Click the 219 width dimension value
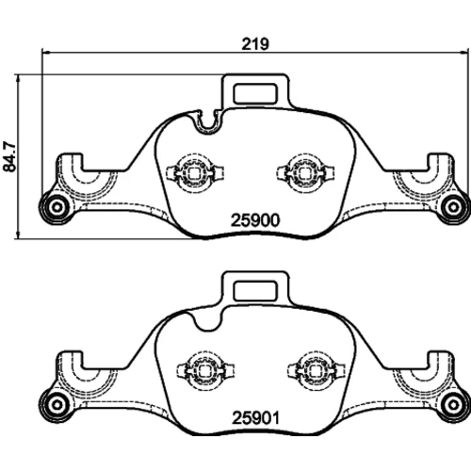[255, 44]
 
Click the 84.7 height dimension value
[9, 156]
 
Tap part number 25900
[255, 220]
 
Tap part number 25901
[255, 418]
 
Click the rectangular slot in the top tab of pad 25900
[255, 93]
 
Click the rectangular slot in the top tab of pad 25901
[255, 291]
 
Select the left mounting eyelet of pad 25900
[57, 207]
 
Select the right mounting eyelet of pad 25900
[453, 207]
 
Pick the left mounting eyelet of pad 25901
[57, 405]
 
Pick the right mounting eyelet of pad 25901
[453, 405]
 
